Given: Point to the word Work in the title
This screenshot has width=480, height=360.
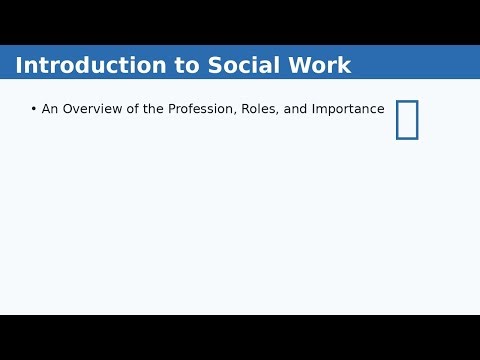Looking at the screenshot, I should coord(317,66).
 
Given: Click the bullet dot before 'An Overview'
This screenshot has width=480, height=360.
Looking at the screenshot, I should coord(33,109).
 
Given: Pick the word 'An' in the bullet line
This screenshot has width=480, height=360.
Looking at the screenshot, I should coord(50,109).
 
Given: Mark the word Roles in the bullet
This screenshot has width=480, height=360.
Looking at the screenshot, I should coord(259,109).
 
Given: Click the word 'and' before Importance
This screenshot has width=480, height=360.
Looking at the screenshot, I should coord(295,109).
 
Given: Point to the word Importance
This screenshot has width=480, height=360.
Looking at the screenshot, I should coord(348,109).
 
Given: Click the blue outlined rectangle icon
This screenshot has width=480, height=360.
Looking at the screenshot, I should coord(407,120).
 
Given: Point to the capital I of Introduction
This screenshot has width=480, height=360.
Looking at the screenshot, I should coord(19,66).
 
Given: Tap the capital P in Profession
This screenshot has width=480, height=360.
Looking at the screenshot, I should coord(173,109).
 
